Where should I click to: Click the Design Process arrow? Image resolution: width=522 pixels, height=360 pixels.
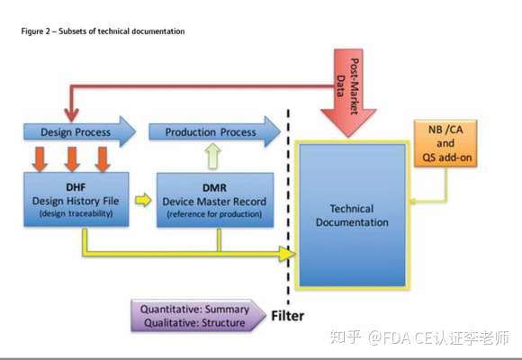(x=80, y=132)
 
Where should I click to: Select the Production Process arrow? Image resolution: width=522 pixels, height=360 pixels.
(x=214, y=132)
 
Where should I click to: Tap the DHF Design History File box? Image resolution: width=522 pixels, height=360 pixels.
(x=76, y=200)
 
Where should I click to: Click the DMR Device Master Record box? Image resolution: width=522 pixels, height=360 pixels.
(x=215, y=200)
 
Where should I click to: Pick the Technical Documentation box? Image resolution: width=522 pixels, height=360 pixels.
(x=352, y=215)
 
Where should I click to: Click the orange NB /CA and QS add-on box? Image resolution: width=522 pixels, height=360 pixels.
(x=445, y=143)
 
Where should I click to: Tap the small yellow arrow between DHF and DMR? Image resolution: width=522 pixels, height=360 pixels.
(x=143, y=200)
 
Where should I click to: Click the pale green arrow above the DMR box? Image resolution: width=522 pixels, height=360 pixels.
(x=213, y=157)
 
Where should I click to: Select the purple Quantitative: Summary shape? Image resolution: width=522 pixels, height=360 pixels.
(x=198, y=316)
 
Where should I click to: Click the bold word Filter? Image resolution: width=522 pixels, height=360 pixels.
(x=288, y=316)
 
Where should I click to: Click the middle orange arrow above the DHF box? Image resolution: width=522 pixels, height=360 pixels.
(x=72, y=159)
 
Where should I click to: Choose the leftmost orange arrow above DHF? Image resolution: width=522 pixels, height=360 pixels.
(x=40, y=159)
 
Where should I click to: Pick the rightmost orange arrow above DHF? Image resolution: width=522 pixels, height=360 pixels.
(x=103, y=159)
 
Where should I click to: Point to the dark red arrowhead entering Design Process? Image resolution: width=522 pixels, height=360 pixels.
(x=71, y=115)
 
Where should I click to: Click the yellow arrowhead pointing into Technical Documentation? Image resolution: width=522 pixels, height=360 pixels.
(x=287, y=254)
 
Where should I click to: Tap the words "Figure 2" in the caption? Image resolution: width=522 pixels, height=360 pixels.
(x=35, y=31)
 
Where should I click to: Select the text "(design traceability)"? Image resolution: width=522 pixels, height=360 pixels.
(x=76, y=213)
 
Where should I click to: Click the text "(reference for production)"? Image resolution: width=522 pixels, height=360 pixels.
(x=214, y=214)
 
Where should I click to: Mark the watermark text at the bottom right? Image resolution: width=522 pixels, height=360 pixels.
(x=420, y=337)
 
